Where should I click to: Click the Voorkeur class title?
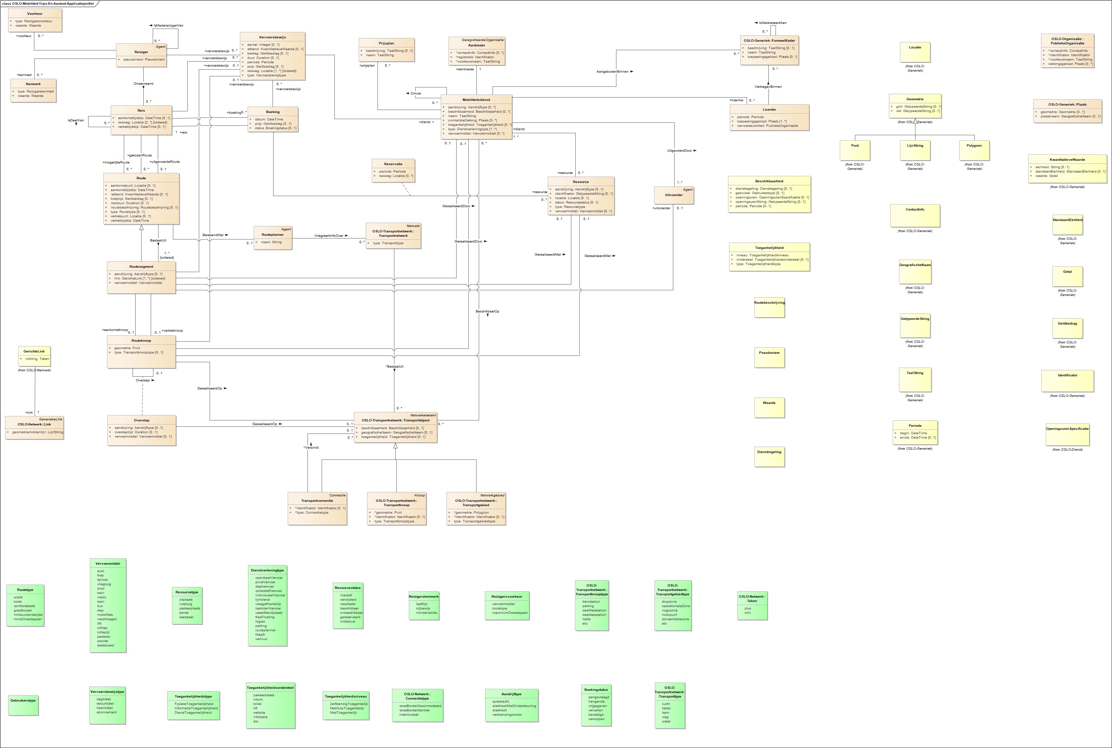(x=35, y=14)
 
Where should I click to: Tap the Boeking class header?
(x=273, y=112)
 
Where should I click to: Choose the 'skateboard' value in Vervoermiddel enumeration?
(x=105, y=645)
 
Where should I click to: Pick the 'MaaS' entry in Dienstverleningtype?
(x=260, y=634)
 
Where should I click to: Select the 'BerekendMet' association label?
(x=213, y=235)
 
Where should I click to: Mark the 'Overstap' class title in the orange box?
(x=142, y=420)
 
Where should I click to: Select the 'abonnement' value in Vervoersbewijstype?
(x=106, y=712)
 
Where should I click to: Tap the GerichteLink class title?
(x=34, y=351)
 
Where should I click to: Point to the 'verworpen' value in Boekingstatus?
(x=596, y=719)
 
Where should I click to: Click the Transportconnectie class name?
(x=317, y=501)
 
